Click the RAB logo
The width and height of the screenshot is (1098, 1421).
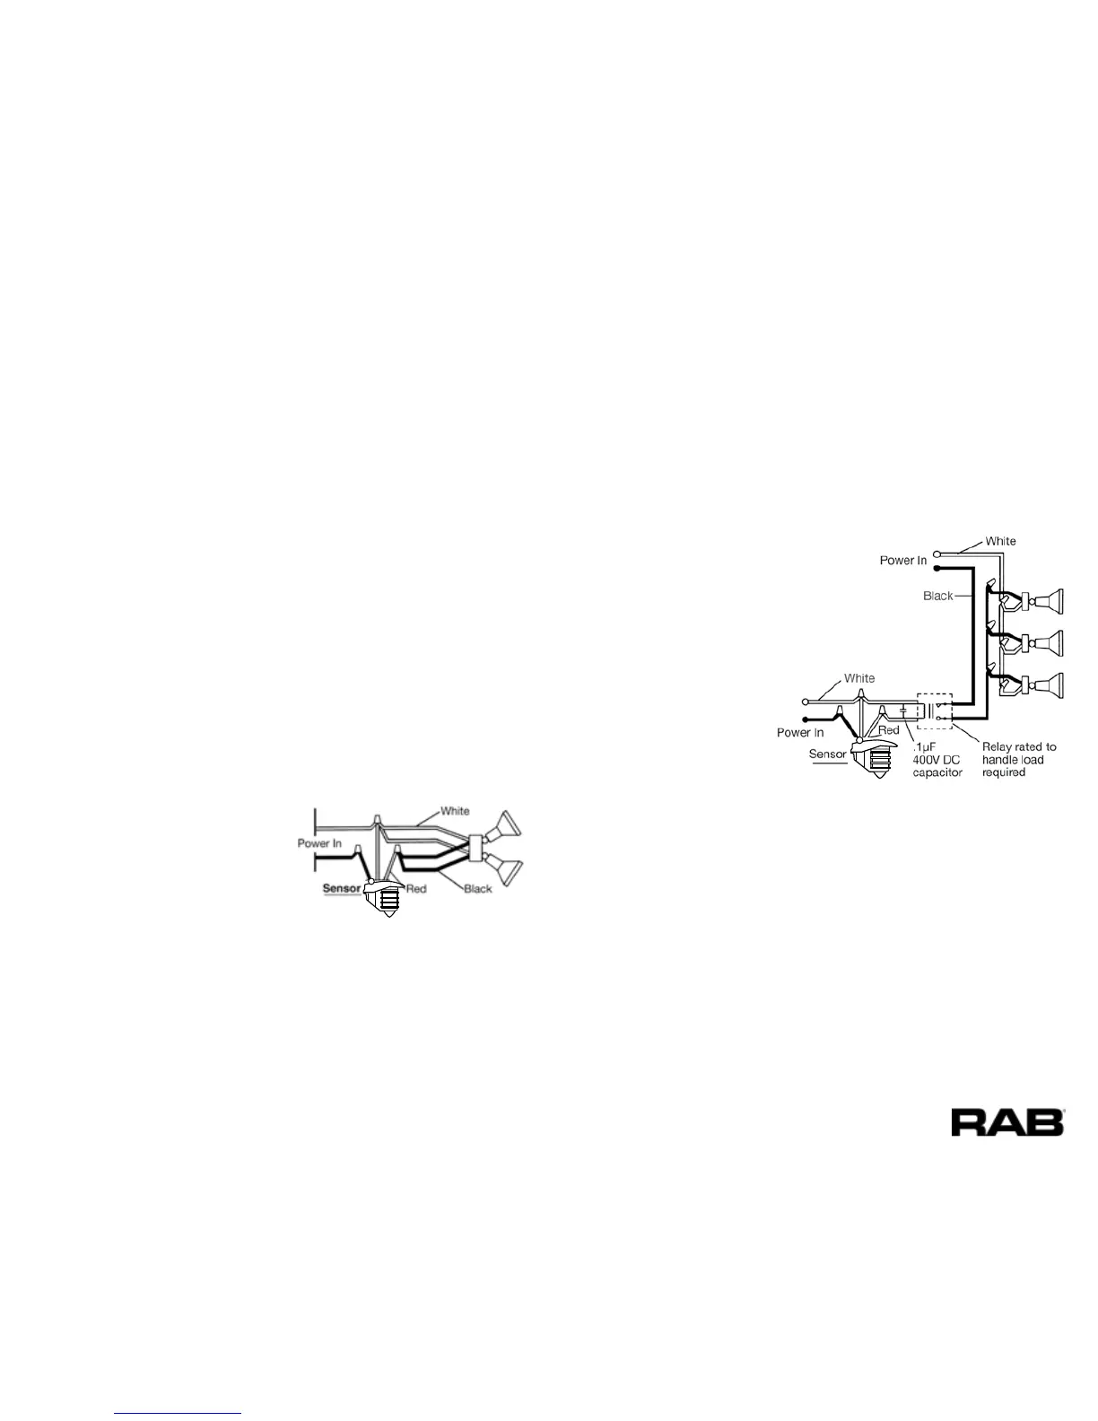pos(1007,1122)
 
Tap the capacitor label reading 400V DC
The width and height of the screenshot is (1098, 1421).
pos(937,760)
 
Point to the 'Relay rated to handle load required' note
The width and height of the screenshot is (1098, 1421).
pos(1019,759)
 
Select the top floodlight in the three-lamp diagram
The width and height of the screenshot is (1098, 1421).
pos(1048,601)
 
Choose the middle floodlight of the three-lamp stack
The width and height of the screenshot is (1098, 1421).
pos(1048,643)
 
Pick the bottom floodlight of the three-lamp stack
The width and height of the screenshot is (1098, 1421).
pos(1048,685)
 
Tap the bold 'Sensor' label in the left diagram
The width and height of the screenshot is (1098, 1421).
pos(341,888)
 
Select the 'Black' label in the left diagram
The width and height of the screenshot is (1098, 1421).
pos(478,889)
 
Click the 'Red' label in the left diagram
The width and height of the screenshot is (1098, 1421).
pos(416,889)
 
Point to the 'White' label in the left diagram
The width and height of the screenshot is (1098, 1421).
pos(455,811)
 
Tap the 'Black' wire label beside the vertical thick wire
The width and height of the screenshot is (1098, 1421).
pos(937,596)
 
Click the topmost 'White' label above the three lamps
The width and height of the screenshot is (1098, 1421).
pos(1000,541)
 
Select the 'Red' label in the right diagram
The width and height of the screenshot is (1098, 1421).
pos(888,730)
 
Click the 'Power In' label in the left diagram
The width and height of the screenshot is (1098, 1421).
pos(319,843)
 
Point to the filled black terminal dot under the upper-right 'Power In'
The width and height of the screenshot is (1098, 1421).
pos(937,569)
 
